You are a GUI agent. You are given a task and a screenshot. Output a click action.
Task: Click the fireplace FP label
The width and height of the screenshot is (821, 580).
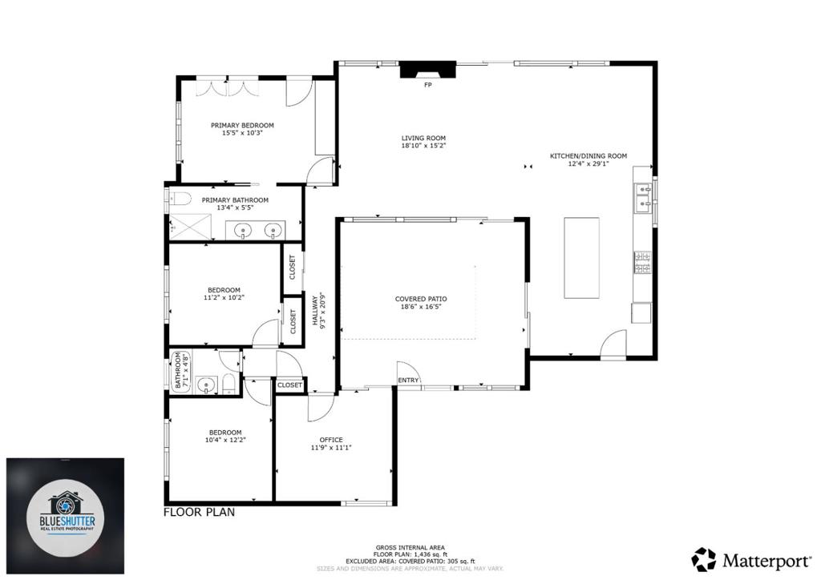427,85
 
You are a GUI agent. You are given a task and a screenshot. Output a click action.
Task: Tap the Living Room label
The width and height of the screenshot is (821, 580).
423,138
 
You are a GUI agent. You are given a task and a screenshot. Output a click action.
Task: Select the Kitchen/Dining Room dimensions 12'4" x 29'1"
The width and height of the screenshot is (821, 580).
588,163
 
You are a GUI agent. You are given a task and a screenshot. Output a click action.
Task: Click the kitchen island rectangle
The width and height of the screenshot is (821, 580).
581,257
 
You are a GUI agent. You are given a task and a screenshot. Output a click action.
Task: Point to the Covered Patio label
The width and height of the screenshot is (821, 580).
421,299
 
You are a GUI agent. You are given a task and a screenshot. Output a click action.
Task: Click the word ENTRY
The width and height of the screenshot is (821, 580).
407,381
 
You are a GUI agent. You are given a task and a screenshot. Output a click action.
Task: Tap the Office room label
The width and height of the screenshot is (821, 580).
331,440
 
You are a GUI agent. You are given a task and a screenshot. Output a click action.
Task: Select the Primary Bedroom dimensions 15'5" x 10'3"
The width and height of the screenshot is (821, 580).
242,133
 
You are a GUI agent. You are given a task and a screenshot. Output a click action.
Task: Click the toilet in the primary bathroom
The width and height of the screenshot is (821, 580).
178,199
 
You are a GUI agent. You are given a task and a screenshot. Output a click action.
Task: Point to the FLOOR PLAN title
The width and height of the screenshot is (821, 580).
200,512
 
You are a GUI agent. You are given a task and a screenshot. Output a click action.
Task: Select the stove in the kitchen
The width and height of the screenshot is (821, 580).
643,262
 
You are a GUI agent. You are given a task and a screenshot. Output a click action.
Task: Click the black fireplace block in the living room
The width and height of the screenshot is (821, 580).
427,70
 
